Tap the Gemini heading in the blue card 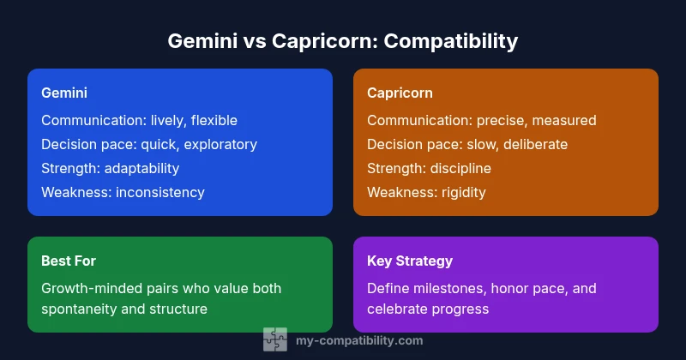click(x=64, y=92)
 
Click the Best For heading click(x=69, y=260)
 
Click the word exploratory click(x=218, y=144)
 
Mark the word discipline click(x=461, y=168)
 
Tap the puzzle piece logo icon click(x=274, y=339)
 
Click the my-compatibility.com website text click(x=358, y=340)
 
